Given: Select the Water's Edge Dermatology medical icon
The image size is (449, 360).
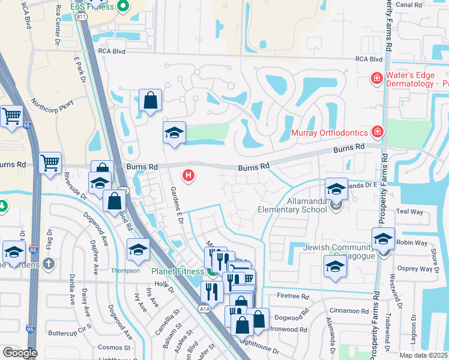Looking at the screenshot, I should click(x=376, y=78).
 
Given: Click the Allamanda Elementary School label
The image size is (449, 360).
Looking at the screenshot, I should click(x=292, y=206).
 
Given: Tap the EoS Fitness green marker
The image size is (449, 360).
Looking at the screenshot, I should click(x=123, y=7).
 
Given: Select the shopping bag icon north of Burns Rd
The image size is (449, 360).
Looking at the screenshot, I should click(x=150, y=101).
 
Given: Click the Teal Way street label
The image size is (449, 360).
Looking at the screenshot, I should click(x=410, y=212).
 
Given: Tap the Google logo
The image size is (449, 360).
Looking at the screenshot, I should click(x=20, y=352).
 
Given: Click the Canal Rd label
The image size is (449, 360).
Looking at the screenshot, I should click(x=426, y=4).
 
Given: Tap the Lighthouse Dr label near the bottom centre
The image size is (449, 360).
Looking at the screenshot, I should click(x=259, y=347).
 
